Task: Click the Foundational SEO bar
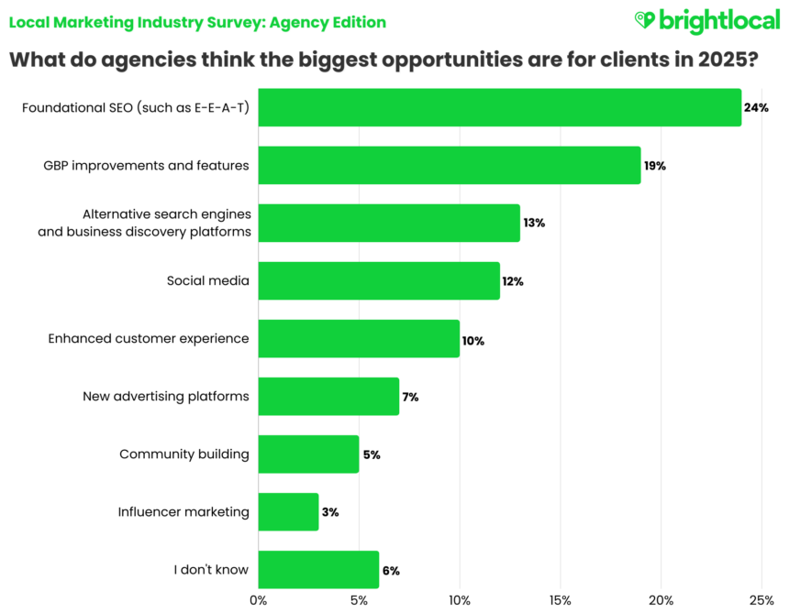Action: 499,107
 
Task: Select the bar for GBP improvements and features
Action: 449,165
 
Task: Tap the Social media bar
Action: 379,280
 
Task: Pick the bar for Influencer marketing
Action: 288,511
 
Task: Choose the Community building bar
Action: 308,454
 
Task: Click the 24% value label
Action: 756,107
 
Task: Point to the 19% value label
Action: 655,166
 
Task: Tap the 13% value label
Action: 534,223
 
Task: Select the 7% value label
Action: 410,398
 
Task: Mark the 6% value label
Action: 390,570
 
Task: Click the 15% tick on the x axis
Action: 561,600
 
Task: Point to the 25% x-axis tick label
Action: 761,600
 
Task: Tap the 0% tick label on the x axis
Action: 259,600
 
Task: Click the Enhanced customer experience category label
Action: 149,338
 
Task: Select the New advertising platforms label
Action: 166,396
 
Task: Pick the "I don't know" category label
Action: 211,569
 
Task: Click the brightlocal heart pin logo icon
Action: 647,20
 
